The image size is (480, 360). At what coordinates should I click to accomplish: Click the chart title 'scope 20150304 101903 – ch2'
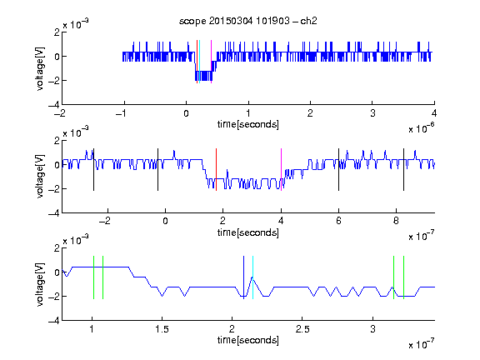(248, 21)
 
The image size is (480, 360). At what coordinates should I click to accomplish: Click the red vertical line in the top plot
(197, 62)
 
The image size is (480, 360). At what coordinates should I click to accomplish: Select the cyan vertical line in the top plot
(200, 62)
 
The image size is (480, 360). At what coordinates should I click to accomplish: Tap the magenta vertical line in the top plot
(211, 62)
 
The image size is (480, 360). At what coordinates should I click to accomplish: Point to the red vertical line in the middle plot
(216, 170)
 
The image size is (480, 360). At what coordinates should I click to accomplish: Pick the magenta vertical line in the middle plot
(281, 170)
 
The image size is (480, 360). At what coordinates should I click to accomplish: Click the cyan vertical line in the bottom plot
(252, 277)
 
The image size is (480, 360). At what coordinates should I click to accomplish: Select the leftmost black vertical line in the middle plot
(93, 170)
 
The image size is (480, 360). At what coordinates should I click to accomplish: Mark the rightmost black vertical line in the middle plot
(403, 170)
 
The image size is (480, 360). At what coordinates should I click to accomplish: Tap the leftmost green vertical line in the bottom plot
(93, 277)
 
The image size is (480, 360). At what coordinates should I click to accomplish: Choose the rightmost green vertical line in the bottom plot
(404, 277)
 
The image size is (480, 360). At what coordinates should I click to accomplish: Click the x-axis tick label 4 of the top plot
(434, 113)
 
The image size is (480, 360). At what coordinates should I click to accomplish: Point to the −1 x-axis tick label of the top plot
(121, 113)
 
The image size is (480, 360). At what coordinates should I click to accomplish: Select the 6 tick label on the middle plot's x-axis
(338, 221)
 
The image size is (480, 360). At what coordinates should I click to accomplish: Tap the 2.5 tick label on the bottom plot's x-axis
(302, 329)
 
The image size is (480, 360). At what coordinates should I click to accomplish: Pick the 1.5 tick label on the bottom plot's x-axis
(162, 329)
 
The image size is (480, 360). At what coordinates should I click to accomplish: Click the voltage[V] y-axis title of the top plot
(40, 68)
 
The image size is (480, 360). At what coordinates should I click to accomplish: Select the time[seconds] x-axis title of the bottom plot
(248, 340)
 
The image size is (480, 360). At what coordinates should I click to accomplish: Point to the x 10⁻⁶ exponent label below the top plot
(422, 127)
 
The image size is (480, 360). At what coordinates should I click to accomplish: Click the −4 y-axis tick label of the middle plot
(54, 213)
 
